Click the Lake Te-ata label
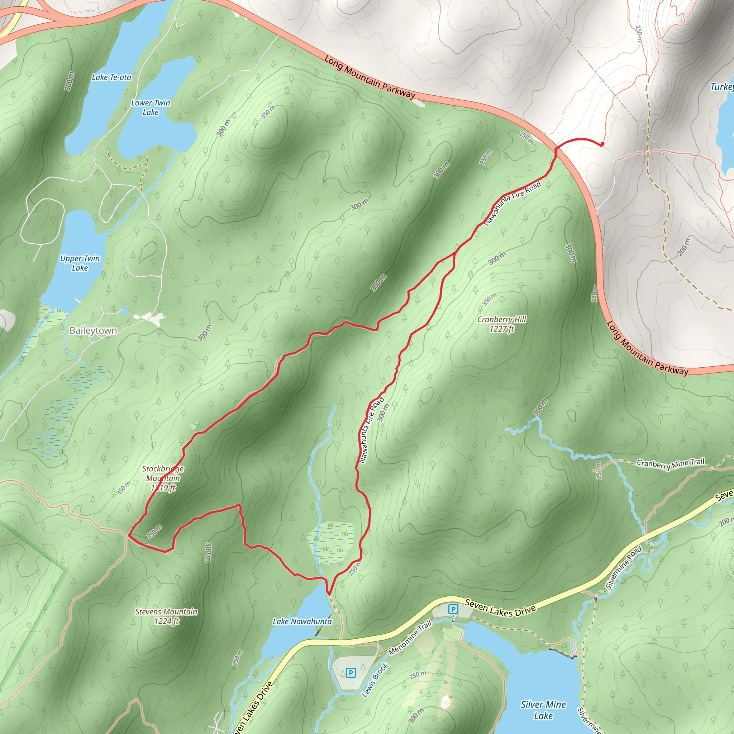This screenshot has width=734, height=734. (111, 77)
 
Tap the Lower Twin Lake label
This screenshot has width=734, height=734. (151, 108)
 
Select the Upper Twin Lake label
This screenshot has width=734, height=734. (80, 263)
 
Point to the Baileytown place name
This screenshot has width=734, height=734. (93, 330)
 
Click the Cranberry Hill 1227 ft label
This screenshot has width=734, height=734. (501, 324)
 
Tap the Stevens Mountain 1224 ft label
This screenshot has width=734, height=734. (166, 616)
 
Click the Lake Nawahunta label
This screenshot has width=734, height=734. (302, 621)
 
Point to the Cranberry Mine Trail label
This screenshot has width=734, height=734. (670, 464)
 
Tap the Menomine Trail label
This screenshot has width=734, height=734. (410, 638)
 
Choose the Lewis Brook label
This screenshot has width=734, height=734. (375, 680)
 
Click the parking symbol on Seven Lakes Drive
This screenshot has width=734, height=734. (453, 609)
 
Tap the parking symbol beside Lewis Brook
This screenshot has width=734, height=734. (351, 673)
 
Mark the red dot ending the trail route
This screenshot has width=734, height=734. (602, 144)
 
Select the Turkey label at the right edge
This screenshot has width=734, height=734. (722, 87)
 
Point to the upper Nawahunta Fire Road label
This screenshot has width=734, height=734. (513, 203)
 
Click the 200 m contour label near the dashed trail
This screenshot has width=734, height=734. (683, 247)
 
